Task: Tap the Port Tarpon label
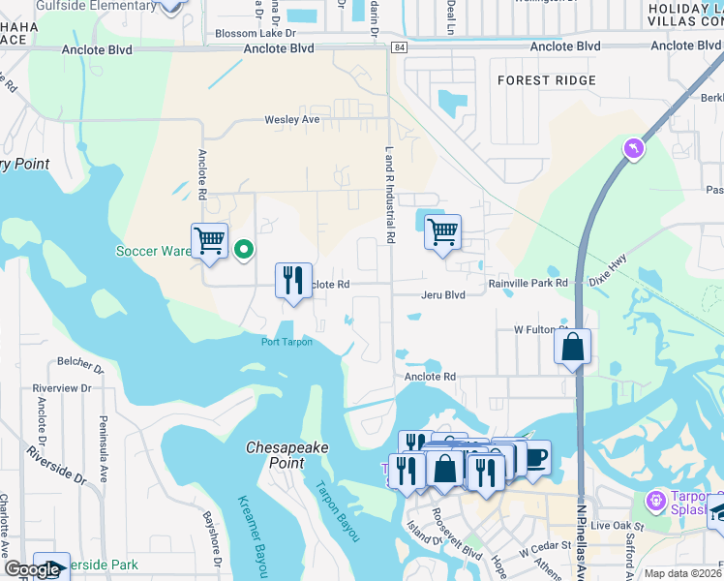point(287,341)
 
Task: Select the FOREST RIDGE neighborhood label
point(546,81)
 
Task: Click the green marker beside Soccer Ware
point(244,251)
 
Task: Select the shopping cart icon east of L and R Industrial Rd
point(442,232)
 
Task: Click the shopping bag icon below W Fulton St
point(573,347)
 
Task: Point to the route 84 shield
point(401,46)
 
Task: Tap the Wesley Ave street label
point(291,120)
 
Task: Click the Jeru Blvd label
point(443,294)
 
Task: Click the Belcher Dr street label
point(81,366)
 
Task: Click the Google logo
point(33,569)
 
